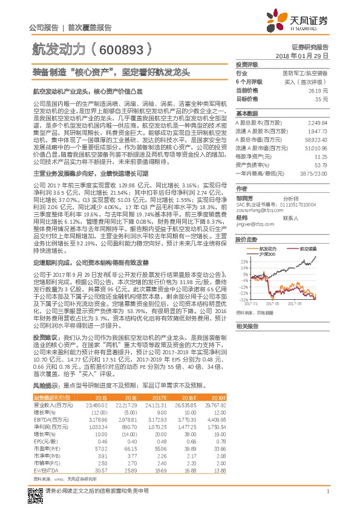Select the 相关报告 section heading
(247, 326)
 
